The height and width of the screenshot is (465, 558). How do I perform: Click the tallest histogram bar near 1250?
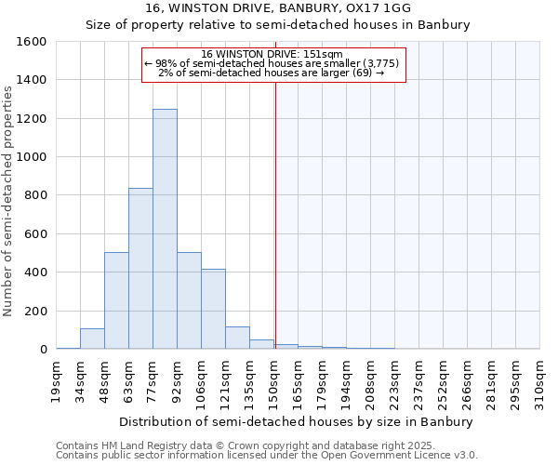pyautogui.click(x=165, y=229)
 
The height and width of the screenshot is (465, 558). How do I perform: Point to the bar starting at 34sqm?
pyautogui.click(x=92, y=339)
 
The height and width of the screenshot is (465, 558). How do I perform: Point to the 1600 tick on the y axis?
pyautogui.click(x=33, y=42)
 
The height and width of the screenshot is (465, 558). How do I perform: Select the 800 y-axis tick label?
pyautogui.click(x=36, y=195)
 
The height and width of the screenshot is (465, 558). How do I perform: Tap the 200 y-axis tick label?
pyautogui.click(x=36, y=311)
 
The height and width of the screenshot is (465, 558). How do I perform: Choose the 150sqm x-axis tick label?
pyautogui.click(x=274, y=380)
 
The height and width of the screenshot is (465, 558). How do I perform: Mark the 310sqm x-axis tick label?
pyautogui.click(x=539, y=380)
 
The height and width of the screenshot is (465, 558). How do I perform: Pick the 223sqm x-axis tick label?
pyautogui.click(x=395, y=380)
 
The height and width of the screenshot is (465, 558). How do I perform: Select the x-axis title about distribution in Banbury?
pyautogui.click(x=297, y=421)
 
